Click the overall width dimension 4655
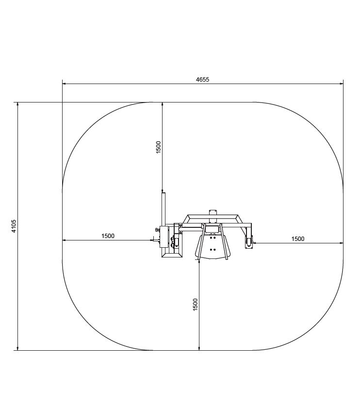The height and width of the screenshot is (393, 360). tap(202, 80)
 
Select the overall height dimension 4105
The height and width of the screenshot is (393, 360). tap(14, 226)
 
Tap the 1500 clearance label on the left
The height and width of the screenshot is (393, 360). tap(108, 236)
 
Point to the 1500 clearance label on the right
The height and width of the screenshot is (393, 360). tap(298, 239)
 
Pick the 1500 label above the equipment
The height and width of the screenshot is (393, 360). tap(158, 147)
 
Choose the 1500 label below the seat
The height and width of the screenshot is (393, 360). tap(195, 305)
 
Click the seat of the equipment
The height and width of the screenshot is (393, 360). tap(213, 246)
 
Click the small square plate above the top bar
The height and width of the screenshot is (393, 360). tap(213, 212)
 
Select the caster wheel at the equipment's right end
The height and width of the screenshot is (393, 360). tap(248, 242)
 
